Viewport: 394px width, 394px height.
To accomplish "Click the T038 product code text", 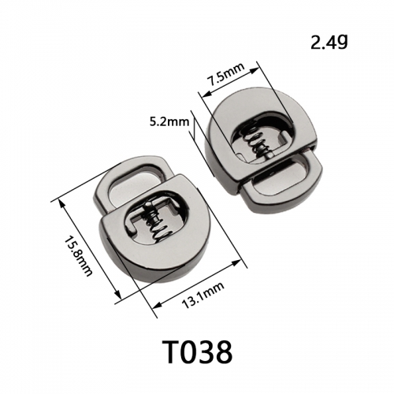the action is [197, 351].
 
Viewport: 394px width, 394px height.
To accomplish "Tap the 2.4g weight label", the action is [329, 43].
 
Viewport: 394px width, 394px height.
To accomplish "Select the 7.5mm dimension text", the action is [226, 73].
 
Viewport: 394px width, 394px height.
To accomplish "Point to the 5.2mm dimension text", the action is [169, 121].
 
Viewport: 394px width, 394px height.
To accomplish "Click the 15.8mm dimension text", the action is [78, 255].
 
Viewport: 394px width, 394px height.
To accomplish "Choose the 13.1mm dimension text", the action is [203, 295].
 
